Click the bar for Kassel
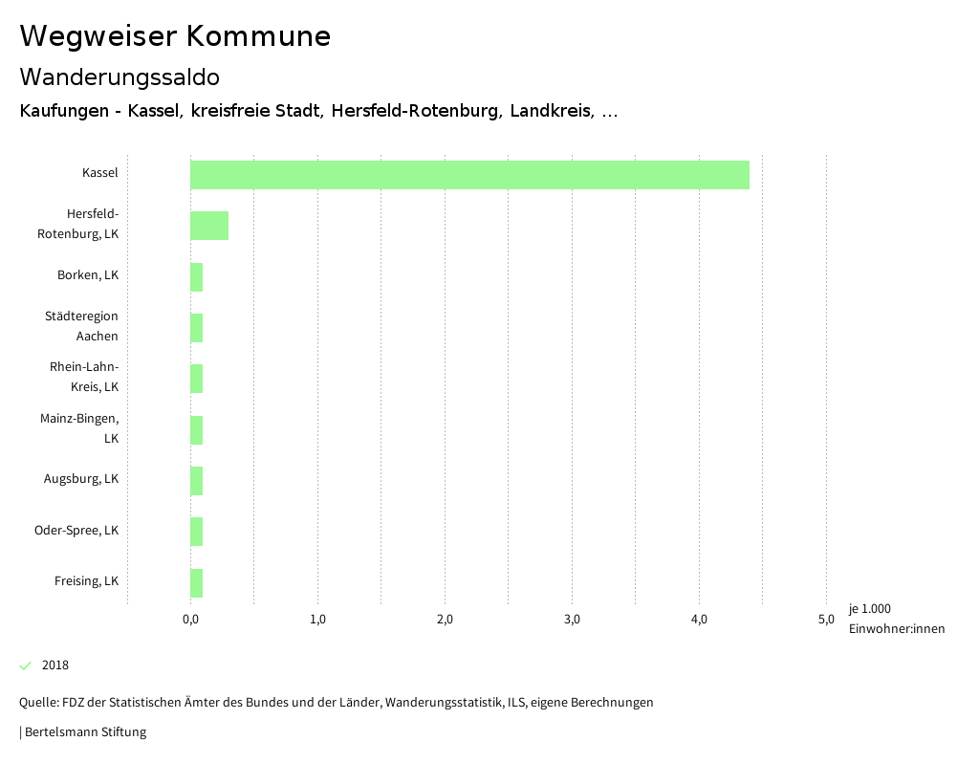pos(469,175)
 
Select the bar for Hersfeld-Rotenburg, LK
pos(209,226)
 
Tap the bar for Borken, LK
pos(197,277)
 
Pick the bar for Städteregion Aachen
pos(197,328)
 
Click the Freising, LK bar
pos(197,582)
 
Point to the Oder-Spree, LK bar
pos(197,532)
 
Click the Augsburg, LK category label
pos(81,479)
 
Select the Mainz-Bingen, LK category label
pos(79,428)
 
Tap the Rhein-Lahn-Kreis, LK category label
pos(84,377)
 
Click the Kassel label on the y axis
pos(100,173)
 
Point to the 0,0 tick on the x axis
pos(190,620)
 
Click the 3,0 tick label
pos(572,620)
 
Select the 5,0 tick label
pos(826,620)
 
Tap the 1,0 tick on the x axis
pos(317,620)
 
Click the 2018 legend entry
pos(55,665)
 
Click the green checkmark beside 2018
pos(26,665)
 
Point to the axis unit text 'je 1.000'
pos(870,609)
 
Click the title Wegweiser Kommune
pos(175,36)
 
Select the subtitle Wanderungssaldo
pos(120,76)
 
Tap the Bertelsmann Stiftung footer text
pos(84,732)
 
